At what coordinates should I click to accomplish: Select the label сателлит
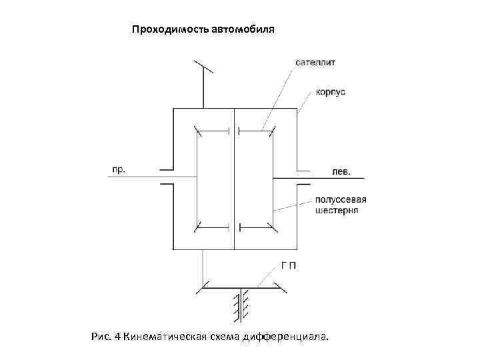click(315, 63)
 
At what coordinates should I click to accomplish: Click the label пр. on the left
click(118, 169)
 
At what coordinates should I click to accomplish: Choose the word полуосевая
click(341, 199)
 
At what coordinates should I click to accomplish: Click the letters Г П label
click(289, 265)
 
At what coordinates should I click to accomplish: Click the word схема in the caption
click(230, 336)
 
